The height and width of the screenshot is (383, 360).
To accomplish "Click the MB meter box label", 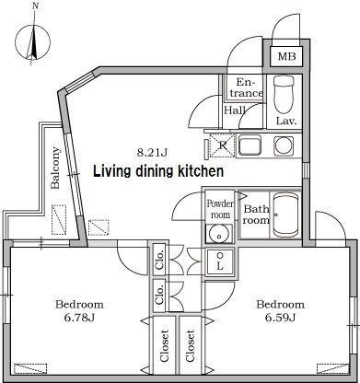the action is tap(286, 56).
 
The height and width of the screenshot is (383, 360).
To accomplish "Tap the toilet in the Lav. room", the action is tap(284, 95).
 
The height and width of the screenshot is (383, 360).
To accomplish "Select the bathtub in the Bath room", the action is tap(285, 215).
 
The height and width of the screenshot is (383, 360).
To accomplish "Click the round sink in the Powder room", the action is tap(219, 235).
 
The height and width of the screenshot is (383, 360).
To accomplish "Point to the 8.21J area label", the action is tap(152, 153).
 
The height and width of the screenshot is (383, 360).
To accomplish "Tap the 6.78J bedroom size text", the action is tap(79, 318).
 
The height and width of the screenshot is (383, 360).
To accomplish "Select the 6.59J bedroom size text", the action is tap(280, 318).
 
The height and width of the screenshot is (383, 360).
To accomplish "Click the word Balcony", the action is tap(55, 168).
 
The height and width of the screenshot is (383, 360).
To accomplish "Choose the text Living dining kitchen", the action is tap(158, 171).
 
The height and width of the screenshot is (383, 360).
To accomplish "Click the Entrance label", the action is tap(247, 87).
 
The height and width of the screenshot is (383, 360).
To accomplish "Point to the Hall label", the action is tap(235, 110).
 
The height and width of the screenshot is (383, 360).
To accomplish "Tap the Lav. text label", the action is tap(286, 121).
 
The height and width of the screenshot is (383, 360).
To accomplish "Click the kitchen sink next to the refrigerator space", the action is tap(250, 145).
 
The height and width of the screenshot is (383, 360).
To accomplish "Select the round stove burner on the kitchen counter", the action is tap(285, 145).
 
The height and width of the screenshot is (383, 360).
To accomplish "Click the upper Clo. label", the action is tap(159, 260).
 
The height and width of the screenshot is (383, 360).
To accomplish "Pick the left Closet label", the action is tap(164, 345).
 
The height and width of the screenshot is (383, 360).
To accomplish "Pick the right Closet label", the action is tap(190, 345).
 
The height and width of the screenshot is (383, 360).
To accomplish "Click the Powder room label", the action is tap(220, 209).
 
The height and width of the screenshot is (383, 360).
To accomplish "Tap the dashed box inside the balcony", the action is tap(59, 220).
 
